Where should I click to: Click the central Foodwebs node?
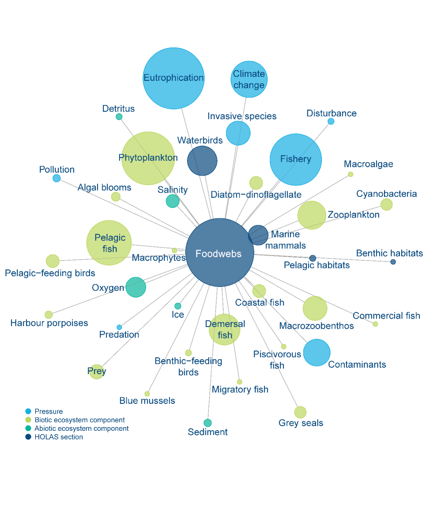(220, 252)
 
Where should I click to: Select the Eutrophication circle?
(173, 78)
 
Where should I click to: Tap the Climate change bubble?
(249, 79)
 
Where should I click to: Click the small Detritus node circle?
(119, 117)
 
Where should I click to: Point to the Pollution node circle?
(56, 178)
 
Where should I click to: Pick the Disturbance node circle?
(331, 121)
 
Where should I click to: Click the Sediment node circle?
(207, 423)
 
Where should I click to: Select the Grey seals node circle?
(300, 412)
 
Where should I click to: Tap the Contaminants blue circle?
(317, 352)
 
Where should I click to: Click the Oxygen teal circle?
(136, 287)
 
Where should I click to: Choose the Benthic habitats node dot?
(393, 262)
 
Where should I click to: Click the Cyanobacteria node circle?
(386, 204)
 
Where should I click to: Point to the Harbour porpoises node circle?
(48, 315)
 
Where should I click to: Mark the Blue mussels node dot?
(147, 394)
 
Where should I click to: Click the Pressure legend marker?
(28, 411)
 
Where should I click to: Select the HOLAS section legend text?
(59, 437)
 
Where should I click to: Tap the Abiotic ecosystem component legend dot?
(28, 428)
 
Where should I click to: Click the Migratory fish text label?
(240, 389)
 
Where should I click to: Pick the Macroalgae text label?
(368, 164)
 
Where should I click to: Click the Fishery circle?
(296, 159)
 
